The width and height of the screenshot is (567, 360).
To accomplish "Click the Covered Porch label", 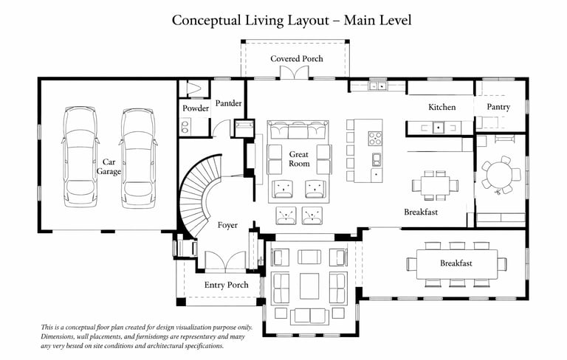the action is click(x=297, y=58).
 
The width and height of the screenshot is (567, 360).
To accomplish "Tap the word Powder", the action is click(x=196, y=108).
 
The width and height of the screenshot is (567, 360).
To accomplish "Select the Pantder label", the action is click(x=228, y=103).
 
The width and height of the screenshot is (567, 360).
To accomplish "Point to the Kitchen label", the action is click(x=442, y=107).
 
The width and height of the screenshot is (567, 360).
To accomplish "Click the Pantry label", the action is click(x=498, y=107).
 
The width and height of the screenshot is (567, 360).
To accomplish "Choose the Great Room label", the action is click(x=299, y=159).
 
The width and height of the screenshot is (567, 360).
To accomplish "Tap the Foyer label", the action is click(x=227, y=225).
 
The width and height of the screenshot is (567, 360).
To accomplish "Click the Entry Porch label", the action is click(x=227, y=285).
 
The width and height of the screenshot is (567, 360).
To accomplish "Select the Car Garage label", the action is click(x=109, y=167).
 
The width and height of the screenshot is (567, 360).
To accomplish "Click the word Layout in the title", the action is click(x=308, y=20).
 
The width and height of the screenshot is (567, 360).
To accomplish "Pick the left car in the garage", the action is click(x=80, y=157).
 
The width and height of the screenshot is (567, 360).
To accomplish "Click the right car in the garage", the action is click(x=138, y=159).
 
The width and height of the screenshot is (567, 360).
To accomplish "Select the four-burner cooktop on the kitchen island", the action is click(x=375, y=139).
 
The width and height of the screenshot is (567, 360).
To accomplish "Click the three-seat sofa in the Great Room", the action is click(x=298, y=130).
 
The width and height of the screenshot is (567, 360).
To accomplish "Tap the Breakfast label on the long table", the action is click(x=456, y=263).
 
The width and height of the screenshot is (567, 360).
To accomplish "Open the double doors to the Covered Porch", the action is click(x=295, y=72).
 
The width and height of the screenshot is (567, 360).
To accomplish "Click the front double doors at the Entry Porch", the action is click(x=226, y=261).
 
